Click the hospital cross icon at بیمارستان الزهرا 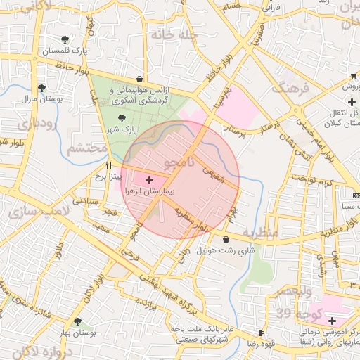(x=148, y=181)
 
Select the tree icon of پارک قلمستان (x=65, y=39)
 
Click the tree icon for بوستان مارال (x=41, y=89)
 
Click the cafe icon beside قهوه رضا (x=261, y=332)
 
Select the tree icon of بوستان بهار (x=77, y=321)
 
